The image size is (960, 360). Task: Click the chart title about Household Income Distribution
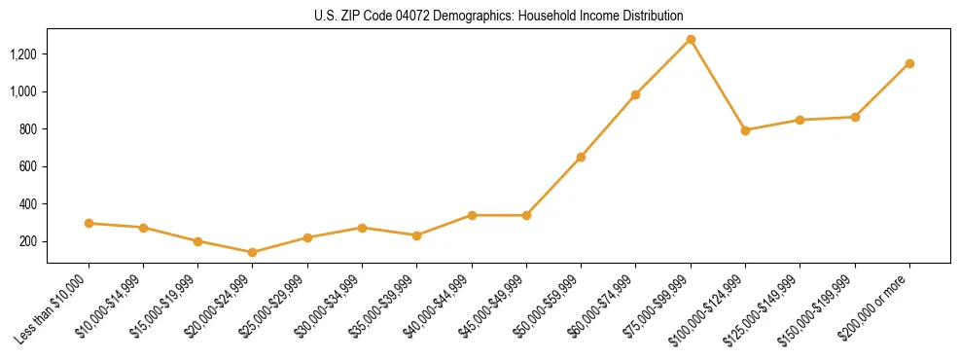498,16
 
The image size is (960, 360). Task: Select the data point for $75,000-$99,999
691,39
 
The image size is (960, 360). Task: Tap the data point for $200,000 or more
909,63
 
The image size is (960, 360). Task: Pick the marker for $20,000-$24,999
253,252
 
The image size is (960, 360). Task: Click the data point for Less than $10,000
89,223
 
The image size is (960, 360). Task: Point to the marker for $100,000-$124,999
745,129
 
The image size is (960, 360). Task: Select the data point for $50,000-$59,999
581,157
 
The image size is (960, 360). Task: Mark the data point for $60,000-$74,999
636,94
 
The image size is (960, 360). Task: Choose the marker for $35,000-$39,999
417,235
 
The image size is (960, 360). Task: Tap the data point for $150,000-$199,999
855,117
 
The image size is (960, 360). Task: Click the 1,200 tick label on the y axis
22,54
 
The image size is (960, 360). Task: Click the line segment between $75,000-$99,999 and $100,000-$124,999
718,85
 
